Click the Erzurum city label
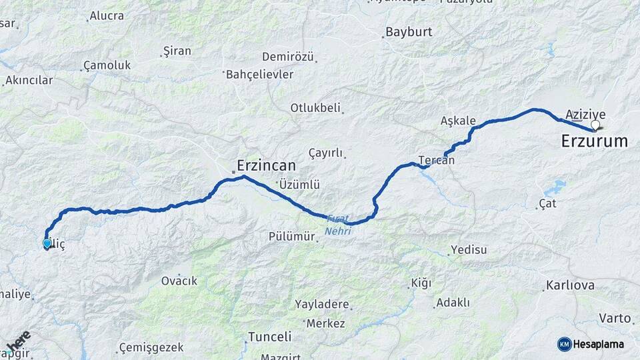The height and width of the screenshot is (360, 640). click(x=594, y=141)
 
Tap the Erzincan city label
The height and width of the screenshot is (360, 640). click(x=266, y=165)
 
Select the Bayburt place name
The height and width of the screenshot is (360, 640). click(x=409, y=32)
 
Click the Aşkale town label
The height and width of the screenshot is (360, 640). click(x=458, y=121)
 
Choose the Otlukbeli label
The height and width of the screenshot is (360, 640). click(x=315, y=107)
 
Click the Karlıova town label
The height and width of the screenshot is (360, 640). click(x=570, y=285)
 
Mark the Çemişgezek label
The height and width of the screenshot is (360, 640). click(x=150, y=347)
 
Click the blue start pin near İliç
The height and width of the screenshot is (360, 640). click(x=47, y=243)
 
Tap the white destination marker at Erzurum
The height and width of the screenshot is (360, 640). click(x=595, y=125)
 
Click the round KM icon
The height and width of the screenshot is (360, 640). click(x=564, y=344)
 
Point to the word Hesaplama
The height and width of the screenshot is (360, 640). click(x=601, y=344)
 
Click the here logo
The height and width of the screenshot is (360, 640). click(x=18, y=341)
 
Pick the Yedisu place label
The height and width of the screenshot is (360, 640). click(x=469, y=250)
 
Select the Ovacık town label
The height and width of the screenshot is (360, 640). click(x=179, y=281)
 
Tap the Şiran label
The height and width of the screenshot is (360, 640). click(x=177, y=51)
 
